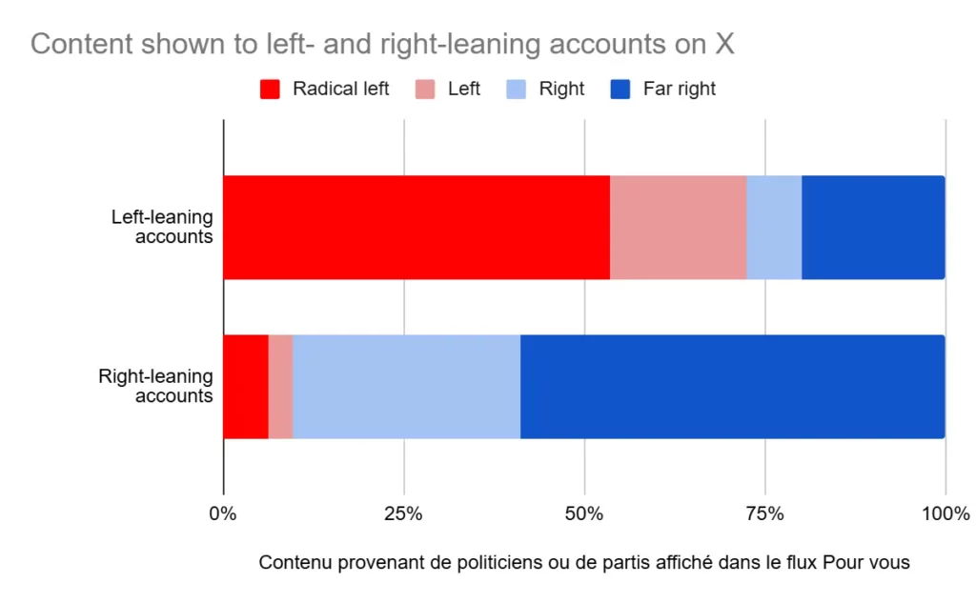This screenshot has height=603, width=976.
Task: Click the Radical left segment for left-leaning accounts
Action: [x=416, y=227]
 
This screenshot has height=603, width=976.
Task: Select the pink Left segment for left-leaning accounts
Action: [x=678, y=227]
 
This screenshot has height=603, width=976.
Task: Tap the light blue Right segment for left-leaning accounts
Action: [x=774, y=227]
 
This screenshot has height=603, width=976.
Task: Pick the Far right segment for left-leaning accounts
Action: [x=873, y=227]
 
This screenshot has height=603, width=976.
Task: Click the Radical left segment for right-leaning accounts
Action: [x=245, y=387]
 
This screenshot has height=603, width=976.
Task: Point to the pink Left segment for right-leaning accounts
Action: [x=280, y=387]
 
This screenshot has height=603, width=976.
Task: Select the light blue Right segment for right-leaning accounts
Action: [x=406, y=387]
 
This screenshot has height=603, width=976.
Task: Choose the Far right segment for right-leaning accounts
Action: [x=732, y=387]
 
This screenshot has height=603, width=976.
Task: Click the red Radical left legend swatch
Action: [x=270, y=90]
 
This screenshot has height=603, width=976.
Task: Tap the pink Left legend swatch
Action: [x=425, y=90]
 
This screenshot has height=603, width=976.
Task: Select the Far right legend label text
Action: [x=679, y=90]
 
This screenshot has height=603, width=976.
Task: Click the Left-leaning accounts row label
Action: [x=162, y=227]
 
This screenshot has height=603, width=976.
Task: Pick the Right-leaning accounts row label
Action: [x=156, y=386]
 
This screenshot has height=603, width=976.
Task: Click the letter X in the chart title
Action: [x=726, y=43]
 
